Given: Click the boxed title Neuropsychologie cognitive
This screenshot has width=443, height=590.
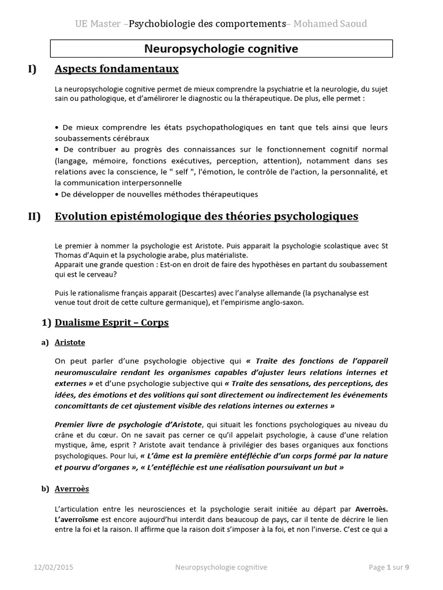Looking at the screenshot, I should click(221, 49).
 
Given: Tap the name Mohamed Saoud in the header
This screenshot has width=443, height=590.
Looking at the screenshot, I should click(330, 24).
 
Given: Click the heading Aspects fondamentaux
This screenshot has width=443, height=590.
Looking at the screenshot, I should click(117, 70).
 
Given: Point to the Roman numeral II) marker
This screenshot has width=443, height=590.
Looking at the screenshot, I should click(34, 217).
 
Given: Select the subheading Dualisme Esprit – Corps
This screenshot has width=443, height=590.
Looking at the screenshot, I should click(111, 323).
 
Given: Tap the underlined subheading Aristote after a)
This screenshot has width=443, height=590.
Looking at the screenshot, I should click(70, 342).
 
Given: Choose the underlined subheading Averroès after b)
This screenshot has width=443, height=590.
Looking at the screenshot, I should click(72, 489).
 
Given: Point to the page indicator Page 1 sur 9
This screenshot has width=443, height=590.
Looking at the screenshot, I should click(389, 568).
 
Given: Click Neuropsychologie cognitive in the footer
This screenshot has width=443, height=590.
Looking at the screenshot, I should click(221, 568).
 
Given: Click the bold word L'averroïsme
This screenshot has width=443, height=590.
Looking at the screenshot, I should click(78, 520).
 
